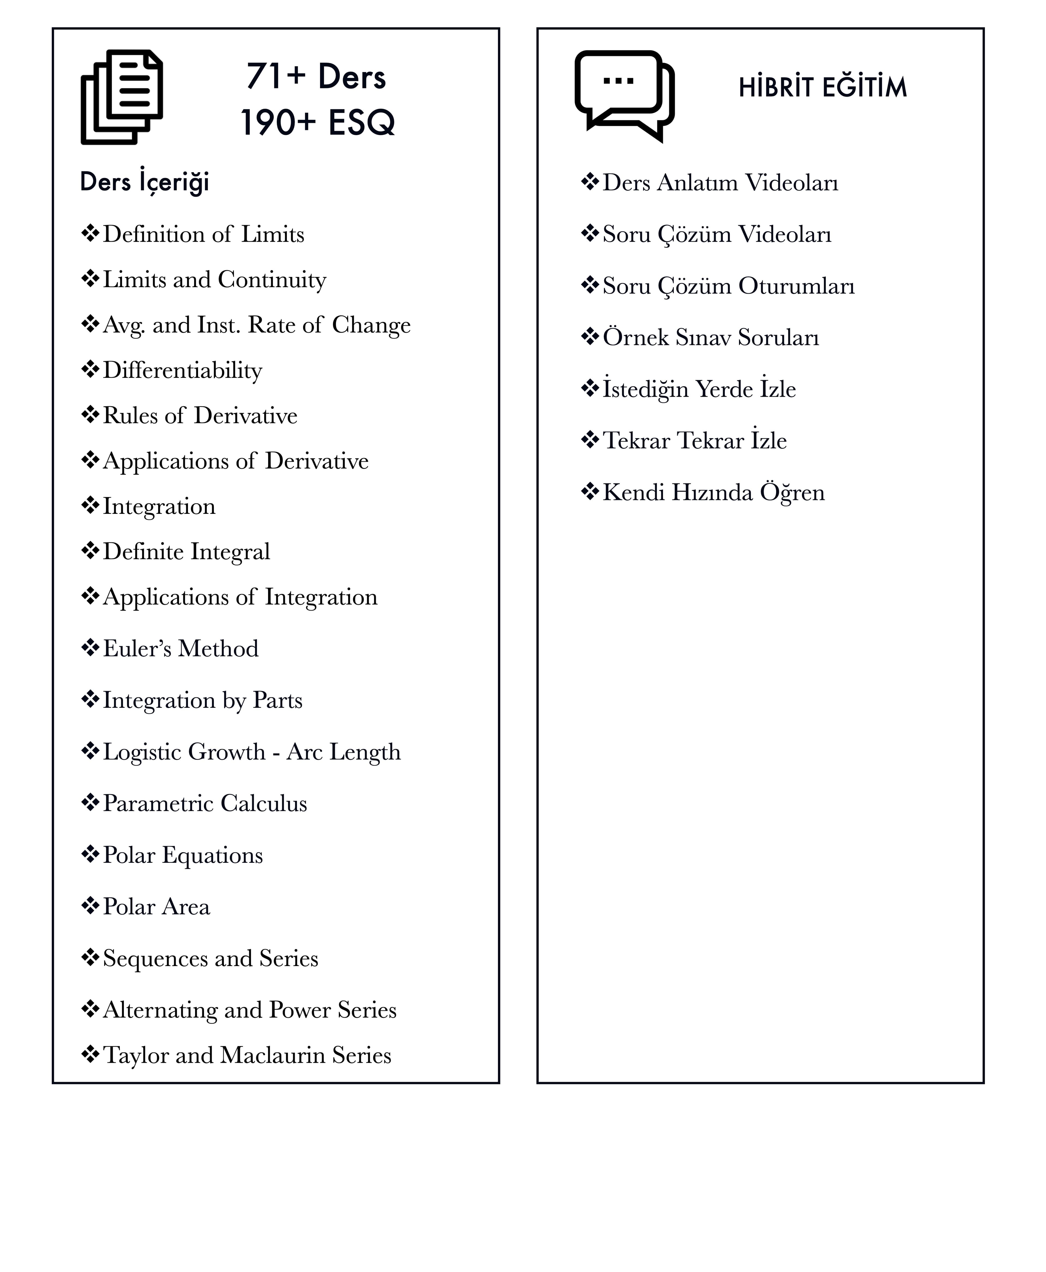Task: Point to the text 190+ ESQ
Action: tap(318, 123)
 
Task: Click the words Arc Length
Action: tap(343, 752)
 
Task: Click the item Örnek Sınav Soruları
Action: tap(711, 338)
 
